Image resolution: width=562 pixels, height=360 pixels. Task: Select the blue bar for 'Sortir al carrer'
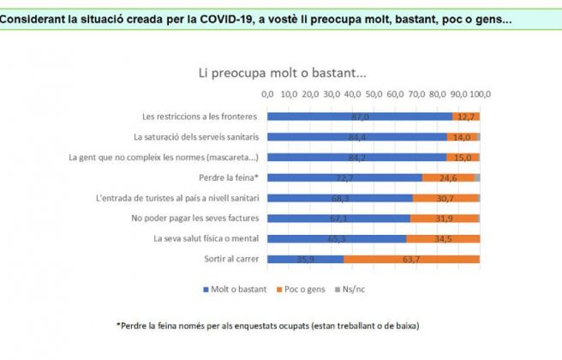tap(305, 259)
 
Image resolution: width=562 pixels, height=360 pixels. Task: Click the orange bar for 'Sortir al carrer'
tap(411, 259)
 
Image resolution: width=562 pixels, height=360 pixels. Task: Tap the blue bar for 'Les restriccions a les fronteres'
tap(359, 116)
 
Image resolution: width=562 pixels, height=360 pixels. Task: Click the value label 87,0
tap(360, 116)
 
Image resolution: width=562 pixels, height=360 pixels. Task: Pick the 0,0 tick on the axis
tap(267, 93)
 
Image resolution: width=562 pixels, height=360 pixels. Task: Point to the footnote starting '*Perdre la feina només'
tap(271, 326)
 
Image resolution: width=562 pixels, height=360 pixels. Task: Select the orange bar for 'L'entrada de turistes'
tap(445, 198)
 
